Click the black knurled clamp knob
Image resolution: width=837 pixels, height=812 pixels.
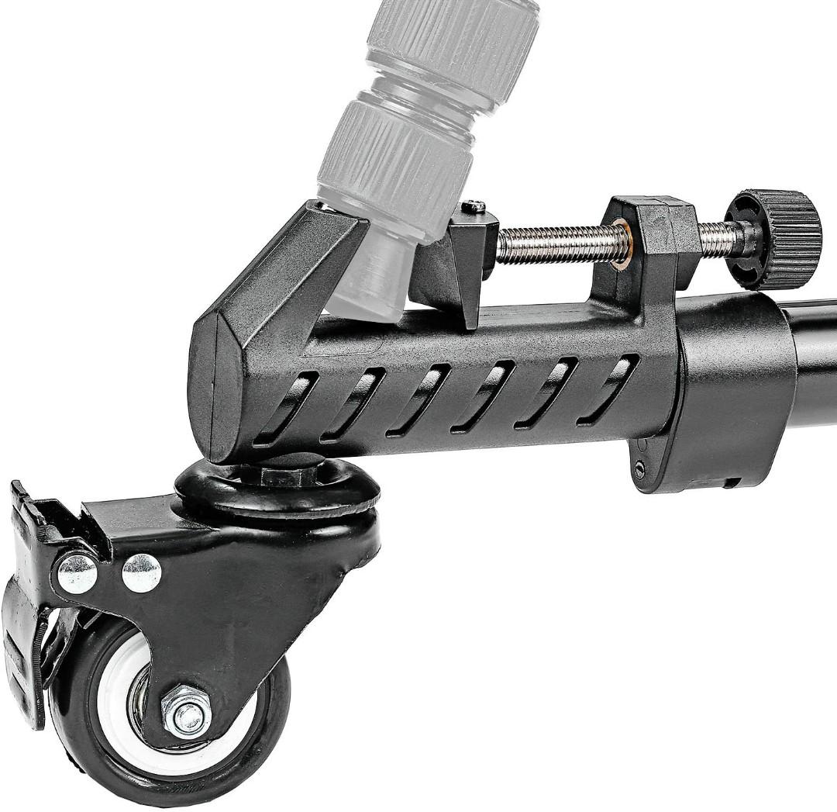(775, 238)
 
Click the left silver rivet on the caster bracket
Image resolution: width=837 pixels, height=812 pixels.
(77, 574)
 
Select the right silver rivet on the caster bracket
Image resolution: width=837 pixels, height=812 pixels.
(141, 572)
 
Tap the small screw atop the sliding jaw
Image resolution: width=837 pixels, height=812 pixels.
(474, 206)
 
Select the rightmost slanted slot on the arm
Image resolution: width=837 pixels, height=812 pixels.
(608, 389)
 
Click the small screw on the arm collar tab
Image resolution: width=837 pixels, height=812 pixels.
(639, 468)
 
